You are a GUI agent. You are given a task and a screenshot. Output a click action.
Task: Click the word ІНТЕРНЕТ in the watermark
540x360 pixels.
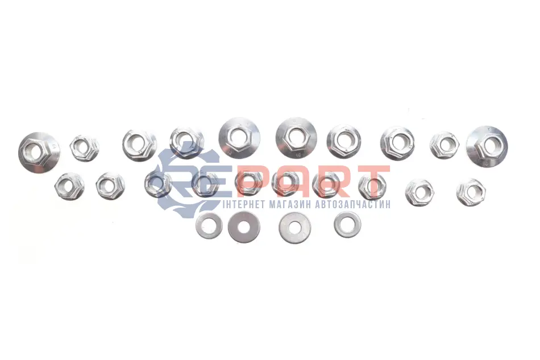pyautogui.click(x=244, y=204)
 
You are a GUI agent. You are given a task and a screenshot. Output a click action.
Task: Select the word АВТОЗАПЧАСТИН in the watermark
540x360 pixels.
pyautogui.click(x=352, y=204)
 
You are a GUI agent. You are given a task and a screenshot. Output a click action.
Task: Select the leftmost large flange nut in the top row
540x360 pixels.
pyautogui.click(x=39, y=152)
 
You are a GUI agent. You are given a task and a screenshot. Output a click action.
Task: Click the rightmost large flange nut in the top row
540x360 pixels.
pyautogui.click(x=487, y=146)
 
